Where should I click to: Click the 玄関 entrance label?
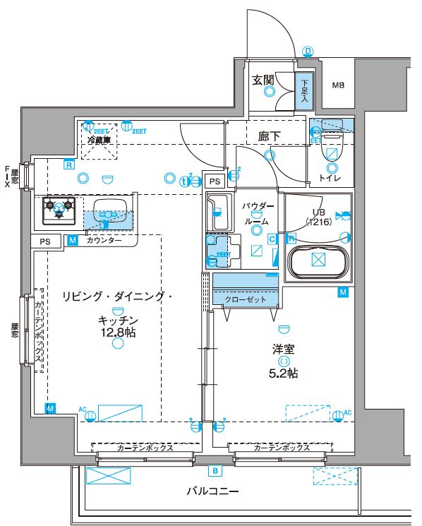coord(265,80)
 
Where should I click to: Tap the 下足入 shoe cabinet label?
coord(304,90)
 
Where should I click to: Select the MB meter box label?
coord(339,86)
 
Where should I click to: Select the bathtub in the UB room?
coord(318,260)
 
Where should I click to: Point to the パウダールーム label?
coord(258,213)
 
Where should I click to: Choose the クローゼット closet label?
coord(246,299)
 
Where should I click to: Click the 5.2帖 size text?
coord(285,373)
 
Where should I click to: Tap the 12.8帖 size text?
coord(117,332)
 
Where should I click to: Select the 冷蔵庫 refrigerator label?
coord(100,140)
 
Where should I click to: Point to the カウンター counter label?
coord(104,241)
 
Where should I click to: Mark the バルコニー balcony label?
coord(212,490)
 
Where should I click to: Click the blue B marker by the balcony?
coord(214,470)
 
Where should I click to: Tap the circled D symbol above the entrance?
coord(308,51)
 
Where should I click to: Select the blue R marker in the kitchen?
coord(68,165)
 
